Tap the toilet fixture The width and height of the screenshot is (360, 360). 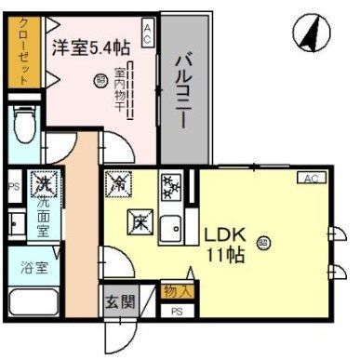tap(24, 123)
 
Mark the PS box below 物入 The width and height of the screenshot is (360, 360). tap(177, 311)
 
